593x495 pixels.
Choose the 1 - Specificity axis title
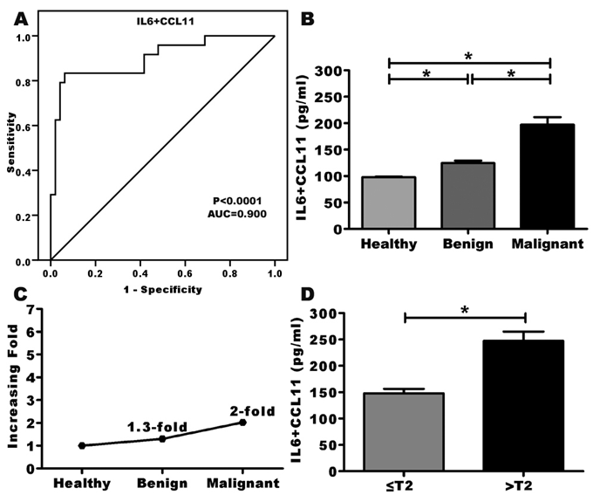[x=163, y=288]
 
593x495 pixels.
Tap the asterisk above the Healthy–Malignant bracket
[x=468, y=56]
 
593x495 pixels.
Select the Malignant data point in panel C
[x=242, y=423]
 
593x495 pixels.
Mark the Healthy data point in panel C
[x=82, y=445]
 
